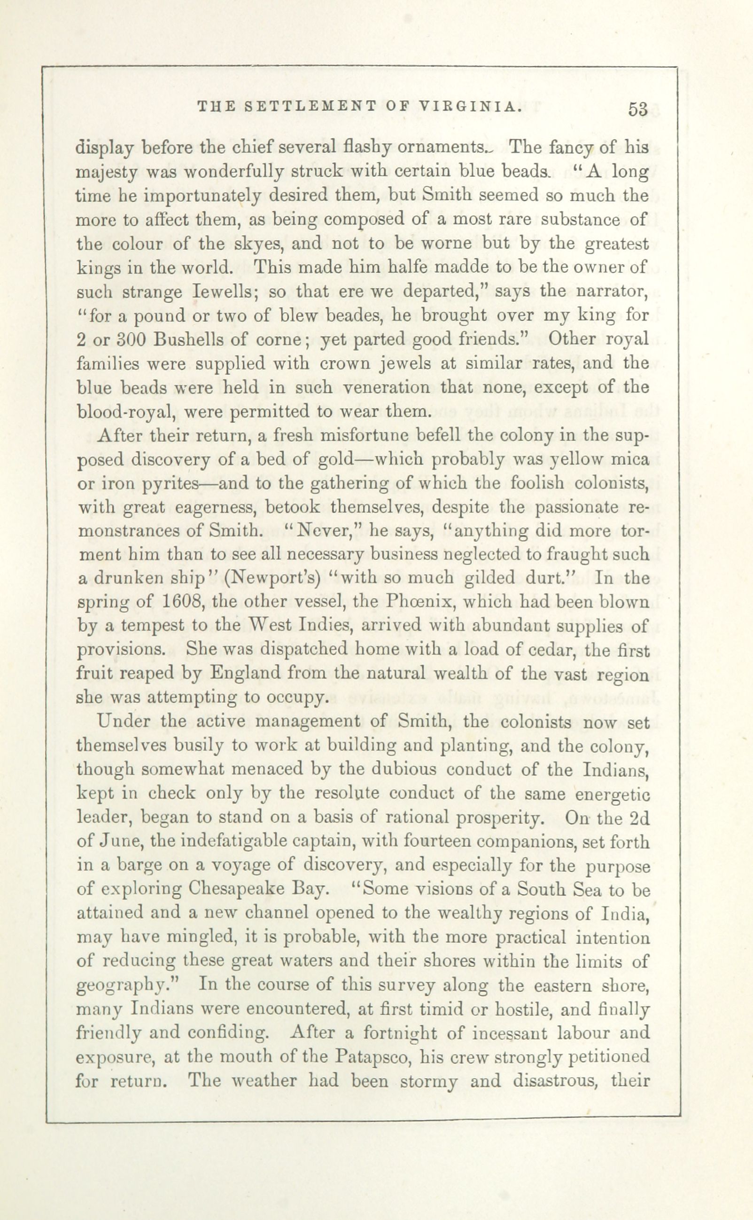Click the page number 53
[x=637, y=110]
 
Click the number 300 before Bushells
[x=132, y=340]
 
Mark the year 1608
[x=181, y=602]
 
